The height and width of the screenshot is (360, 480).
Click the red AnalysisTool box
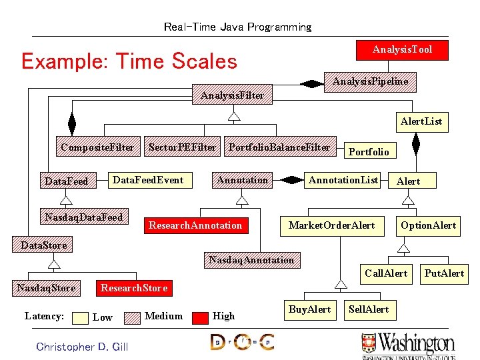pyautogui.click(x=402, y=50)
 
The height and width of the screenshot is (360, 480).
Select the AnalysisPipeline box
pyautogui.click(x=370, y=81)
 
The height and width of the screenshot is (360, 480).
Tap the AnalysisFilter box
pyautogui.click(x=232, y=95)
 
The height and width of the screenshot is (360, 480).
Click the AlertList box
pyautogui.click(x=421, y=122)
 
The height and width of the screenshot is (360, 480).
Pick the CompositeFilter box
pyautogui.click(x=97, y=147)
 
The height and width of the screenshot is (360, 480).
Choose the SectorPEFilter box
pyautogui.click(x=182, y=147)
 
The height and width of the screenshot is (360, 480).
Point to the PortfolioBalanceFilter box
pyautogui.click(x=279, y=147)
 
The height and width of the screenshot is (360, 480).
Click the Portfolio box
pyautogui.click(x=369, y=152)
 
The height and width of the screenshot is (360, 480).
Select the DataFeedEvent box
pyautogui.click(x=148, y=180)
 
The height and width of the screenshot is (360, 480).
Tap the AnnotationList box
pyautogui.click(x=343, y=180)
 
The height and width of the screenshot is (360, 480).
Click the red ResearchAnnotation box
pyautogui.click(x=195, y=225)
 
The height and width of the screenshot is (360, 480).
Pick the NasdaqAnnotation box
pyautogui.click(x=251, y=260)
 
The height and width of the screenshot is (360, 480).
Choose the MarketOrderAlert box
pyautogui.click(x=331, y=225)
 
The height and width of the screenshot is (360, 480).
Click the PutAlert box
pyautogui.click(x=444, y=273)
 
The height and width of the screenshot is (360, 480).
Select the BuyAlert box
pyautogui.click(x=309, y=309)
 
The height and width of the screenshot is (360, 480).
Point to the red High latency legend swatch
pyautogui.click(x=200, y=317)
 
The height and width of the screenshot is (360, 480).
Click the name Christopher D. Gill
pyautogui.click(x=82, y=347)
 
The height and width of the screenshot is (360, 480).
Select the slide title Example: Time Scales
pyautogui.click(x=129, y=61)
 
